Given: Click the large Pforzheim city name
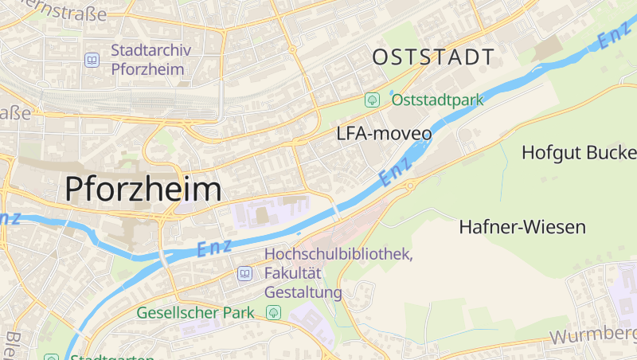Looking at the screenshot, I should click(143, 190).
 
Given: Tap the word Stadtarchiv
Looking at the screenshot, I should click(151, 51).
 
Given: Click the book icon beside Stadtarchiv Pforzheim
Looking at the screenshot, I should click(92, 60).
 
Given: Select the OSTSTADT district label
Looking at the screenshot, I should click(433, 57).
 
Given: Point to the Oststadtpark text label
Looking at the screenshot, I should click(438, 100).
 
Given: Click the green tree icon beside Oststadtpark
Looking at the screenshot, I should click(371, 100).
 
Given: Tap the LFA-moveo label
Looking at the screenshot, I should click(385, 134).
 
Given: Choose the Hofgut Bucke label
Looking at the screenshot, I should click(578, 152).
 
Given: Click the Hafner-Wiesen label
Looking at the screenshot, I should click(522, 227).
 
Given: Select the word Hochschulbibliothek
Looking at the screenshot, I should click(338, 255).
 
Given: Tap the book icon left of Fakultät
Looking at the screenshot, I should click(244, 274).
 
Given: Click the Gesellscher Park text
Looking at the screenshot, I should click(195, 312).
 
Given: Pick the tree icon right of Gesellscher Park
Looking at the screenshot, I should click(274, 312).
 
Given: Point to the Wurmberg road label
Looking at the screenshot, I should click(592, 335).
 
